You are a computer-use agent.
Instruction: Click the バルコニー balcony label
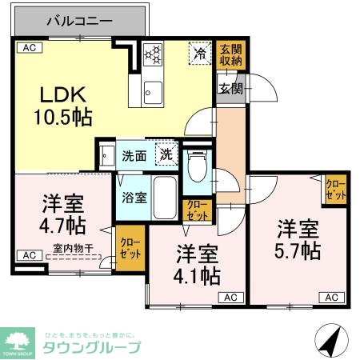tap(78, 19)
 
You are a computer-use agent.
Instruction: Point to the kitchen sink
tap(150, 94)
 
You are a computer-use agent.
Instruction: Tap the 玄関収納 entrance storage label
tap(230, 56)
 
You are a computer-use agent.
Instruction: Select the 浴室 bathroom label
tap(134, 196)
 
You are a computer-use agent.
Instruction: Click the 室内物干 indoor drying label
tap(72, 249)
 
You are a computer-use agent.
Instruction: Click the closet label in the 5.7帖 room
tap(336, 190)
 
